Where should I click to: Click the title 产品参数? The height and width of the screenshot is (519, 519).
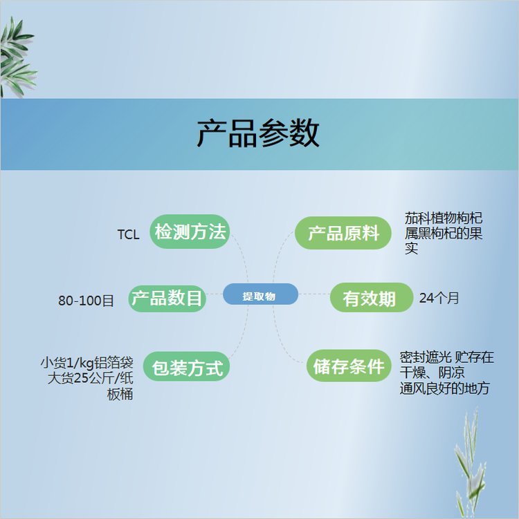(x=258, y=133)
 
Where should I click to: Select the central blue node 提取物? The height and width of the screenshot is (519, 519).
(x=260, y=294)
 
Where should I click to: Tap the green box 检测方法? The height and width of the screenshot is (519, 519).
(x=190, y=232)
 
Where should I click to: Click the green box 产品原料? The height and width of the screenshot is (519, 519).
(x=343, y=233)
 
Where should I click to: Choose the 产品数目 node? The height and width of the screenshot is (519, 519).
(x=167, y=299)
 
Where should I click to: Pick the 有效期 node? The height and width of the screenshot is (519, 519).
(x=371, y=298)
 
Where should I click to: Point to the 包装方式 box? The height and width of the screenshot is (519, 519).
(x=186, y=366)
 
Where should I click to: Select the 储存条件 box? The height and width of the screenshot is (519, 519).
(x=349, y=366)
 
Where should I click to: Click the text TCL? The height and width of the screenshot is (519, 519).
(x=128, y=235)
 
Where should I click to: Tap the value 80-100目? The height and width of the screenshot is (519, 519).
(x=86, y=301)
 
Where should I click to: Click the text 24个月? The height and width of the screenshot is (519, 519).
(x=439, y=298)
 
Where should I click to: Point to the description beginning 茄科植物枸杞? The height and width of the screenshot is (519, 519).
(x=443, y=233)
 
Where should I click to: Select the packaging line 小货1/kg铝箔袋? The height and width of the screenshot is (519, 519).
(x=86, y=363)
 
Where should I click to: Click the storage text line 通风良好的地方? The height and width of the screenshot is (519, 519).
(x=444, y=388)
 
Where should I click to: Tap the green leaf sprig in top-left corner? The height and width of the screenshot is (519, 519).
(x=17, y=56)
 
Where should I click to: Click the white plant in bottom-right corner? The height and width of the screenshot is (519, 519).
(x=470, y=464)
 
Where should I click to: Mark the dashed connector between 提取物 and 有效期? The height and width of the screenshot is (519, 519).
(x=314, y=294)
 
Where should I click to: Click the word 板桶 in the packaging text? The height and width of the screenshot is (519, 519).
(x=120, y=394)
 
